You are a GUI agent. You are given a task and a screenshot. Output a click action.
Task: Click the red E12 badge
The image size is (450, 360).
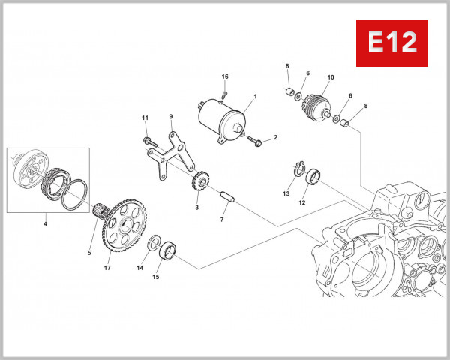point(391,43)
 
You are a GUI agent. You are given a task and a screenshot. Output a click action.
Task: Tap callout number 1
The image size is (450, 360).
point(255,97)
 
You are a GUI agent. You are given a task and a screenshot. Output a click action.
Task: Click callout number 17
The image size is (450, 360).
point(108,268)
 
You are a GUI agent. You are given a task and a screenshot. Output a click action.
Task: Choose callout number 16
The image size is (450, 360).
point(224,76)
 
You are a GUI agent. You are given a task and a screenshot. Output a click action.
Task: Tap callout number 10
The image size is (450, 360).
point(330,76)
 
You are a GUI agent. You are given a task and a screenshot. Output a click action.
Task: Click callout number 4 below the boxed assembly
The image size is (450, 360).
point(45,223)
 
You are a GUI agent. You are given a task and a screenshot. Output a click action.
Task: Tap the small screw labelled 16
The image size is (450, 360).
point(224,94)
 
